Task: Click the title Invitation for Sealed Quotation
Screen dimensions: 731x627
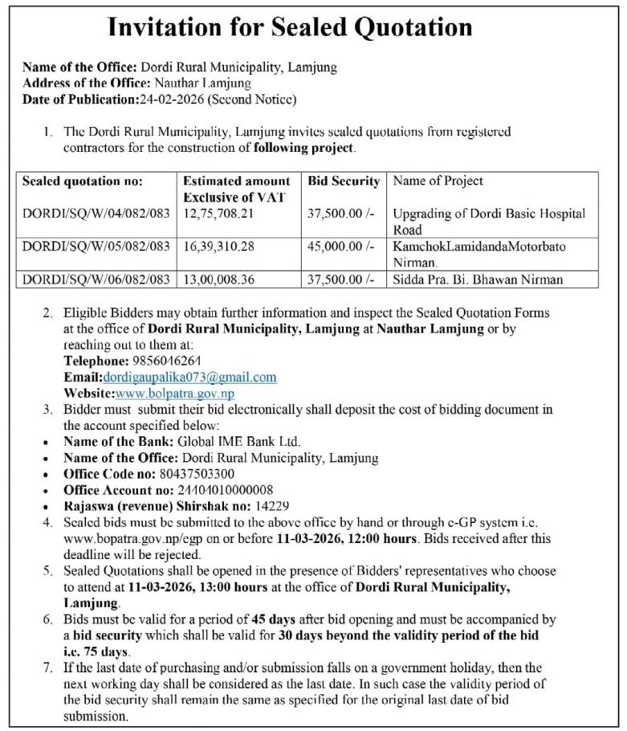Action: tap(290, 27)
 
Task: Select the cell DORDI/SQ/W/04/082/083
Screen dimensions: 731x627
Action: tap(96, 214)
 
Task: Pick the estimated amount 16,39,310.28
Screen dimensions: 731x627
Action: tap(219, 246)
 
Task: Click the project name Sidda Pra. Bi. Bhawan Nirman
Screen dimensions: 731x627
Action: tap(478, 280)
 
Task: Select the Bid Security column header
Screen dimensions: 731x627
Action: tap(344, 182)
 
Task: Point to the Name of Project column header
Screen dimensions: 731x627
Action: tap(438, 182)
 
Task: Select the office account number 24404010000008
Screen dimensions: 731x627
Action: tap(225, 490)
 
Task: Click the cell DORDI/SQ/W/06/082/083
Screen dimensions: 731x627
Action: tap(96, 280)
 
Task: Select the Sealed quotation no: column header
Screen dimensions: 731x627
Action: tap(83, 182)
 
